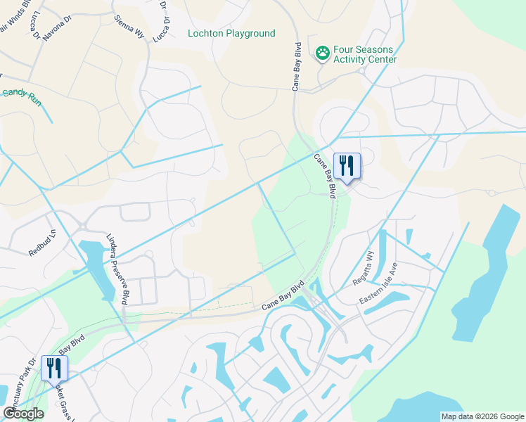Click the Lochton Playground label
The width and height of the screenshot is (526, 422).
click(231, 34)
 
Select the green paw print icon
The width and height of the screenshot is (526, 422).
click(323, 53)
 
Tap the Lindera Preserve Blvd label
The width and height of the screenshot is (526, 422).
click(117, 269)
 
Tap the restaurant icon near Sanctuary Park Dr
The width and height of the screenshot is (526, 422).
click(53, 368)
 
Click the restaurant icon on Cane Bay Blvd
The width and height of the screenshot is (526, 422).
click(346, 166)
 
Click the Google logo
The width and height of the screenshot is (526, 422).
click(23, 414)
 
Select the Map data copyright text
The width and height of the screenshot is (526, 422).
click(482, 416)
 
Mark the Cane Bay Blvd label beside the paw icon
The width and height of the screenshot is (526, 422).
click(297, 68)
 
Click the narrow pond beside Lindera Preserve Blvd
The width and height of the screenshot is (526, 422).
click(101, 271)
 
